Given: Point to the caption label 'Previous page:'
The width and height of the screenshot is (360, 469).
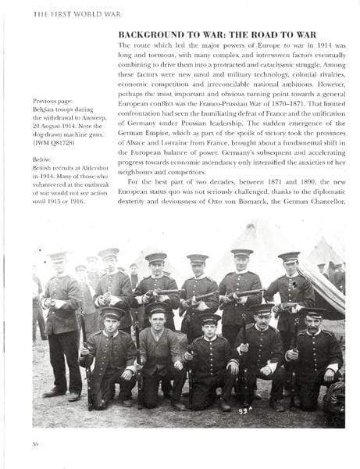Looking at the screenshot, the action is [x=54, y=101].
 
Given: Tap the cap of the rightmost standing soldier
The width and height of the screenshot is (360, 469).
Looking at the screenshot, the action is [x=289, y=255].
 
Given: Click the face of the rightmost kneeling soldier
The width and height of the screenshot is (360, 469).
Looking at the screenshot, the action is [x=314, y=322].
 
